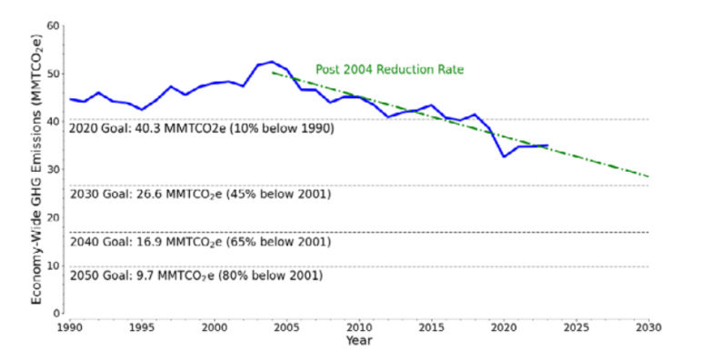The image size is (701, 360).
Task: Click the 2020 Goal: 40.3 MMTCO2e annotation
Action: [x=202, y=129]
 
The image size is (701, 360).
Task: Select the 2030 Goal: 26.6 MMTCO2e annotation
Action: [x=200, y=194]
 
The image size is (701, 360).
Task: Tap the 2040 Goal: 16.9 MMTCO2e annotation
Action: [x=200, y=242]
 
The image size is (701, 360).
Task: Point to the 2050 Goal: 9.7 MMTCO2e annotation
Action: [x=196, y=275]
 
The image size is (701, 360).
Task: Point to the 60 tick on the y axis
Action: [x=54, y=26]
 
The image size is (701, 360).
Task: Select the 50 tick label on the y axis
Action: [x=54, y=75]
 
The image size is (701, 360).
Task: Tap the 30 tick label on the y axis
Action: [x=54, y=170]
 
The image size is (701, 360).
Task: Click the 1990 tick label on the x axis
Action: [x=68, y=325]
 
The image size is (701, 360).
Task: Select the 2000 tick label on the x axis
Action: [x=214, y=325]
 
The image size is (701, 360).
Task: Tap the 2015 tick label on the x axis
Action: [x=431, y=325]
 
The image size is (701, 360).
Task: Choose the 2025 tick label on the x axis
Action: [x=576, y=325]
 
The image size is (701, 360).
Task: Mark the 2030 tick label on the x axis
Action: [x=648, y=325]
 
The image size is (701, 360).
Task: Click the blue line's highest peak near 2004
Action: [x=272, y=62]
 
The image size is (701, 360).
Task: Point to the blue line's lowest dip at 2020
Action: [x=504, y=157]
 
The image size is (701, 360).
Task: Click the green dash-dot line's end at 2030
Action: [x=648, y=176]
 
